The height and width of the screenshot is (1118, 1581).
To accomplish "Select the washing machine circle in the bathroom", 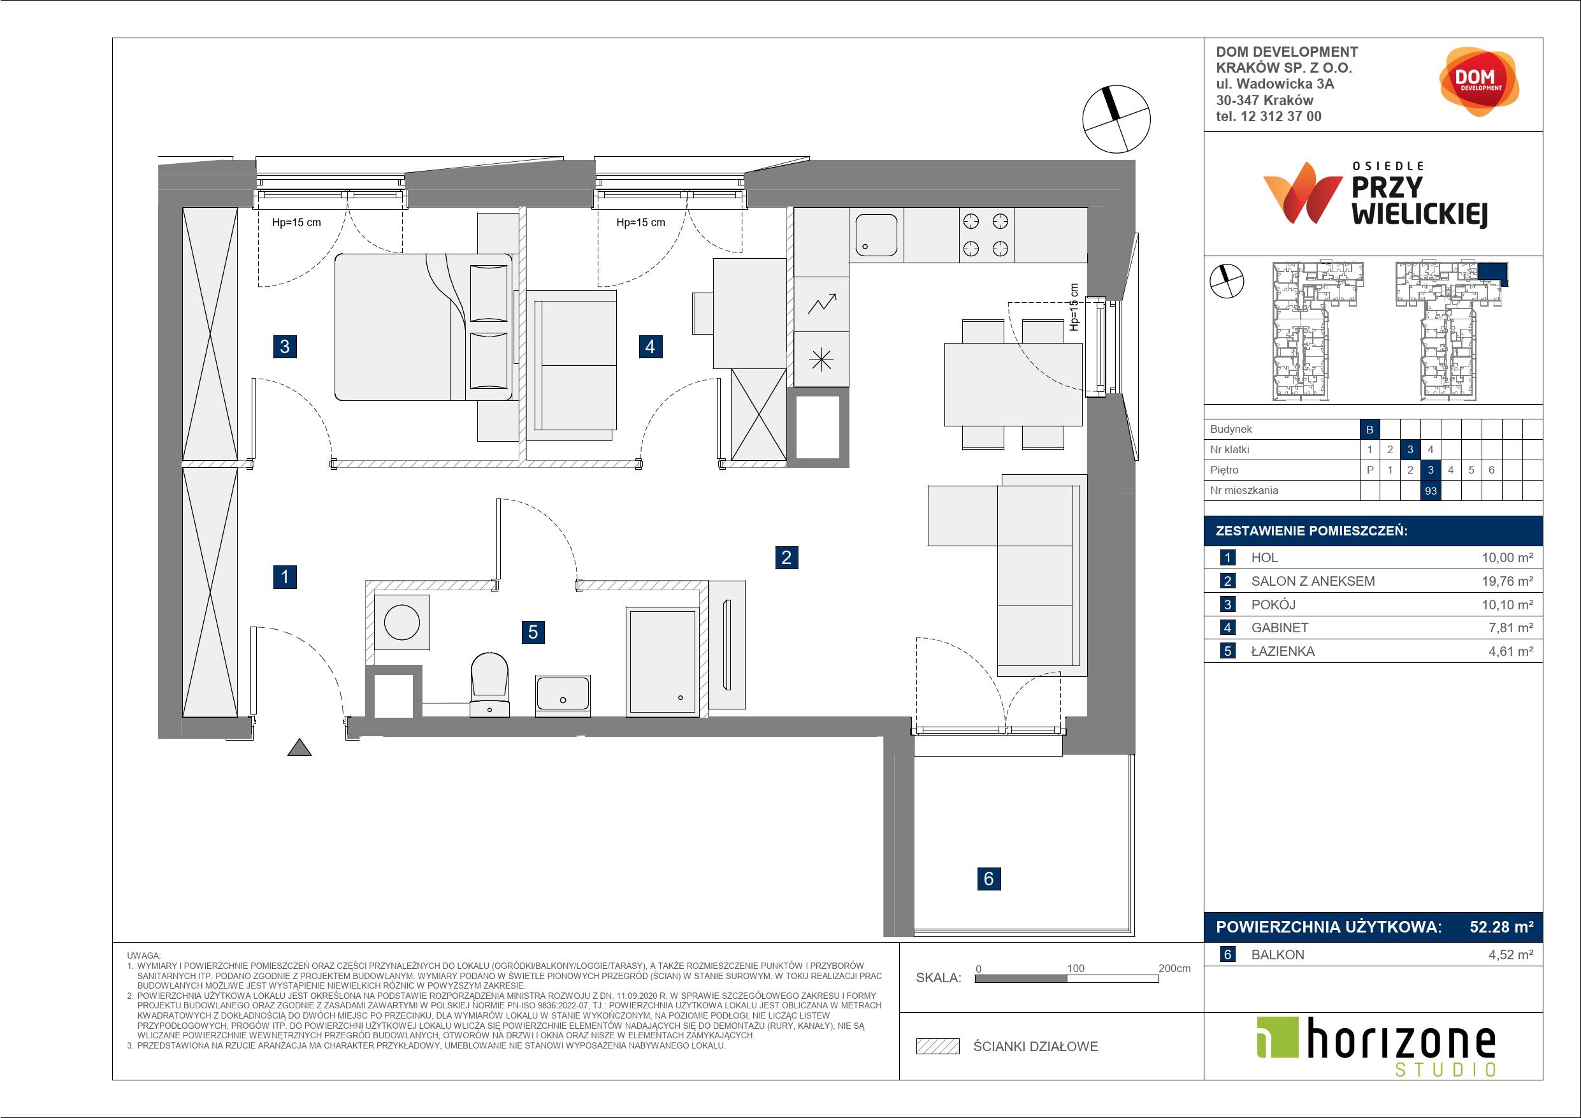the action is [402, 622].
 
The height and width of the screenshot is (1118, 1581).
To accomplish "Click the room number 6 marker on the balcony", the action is [989, 878].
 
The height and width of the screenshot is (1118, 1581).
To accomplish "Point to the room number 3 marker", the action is [285, 346].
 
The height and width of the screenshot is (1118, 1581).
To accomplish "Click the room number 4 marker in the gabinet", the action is [651, 346].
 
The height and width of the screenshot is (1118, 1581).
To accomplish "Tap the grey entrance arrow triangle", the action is [299, 748].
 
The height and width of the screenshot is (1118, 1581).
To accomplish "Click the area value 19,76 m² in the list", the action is [1507, 581].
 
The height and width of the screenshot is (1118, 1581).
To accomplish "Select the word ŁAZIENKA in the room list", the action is [1282, 651].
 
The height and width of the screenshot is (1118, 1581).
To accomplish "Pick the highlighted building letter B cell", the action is [1369, 430].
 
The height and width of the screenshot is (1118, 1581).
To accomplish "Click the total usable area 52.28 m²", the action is [1501, 927].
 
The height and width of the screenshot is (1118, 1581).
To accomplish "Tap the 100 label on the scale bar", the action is [1075, 968].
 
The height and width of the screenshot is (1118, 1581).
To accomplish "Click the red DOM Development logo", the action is [1478, 82].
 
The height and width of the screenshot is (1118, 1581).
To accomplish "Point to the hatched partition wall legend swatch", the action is [938, 1047].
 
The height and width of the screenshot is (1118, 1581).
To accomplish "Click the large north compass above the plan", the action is [1116, 119].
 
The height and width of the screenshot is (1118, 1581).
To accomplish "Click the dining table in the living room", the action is [1013, 384].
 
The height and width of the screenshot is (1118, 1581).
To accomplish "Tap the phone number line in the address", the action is [1269, 117].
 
